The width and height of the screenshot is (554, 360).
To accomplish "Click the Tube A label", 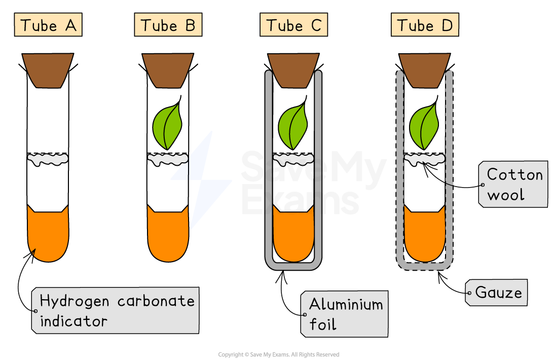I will coord(49,25).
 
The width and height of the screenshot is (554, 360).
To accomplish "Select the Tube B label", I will coord(168,25).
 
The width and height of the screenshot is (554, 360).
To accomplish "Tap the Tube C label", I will coord(293,25).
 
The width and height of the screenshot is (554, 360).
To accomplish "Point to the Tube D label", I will coord(425,25).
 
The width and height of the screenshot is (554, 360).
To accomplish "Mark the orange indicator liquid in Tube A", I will coord(48,236).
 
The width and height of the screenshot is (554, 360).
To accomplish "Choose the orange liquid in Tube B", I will coord(168,236).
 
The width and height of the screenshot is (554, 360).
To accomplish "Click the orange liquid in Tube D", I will coord(424,236).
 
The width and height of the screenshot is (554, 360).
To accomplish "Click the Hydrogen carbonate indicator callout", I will coord(116,310).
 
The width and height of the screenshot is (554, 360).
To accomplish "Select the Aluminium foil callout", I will coord(345,313).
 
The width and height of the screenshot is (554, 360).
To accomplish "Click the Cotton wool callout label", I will coord(513,184).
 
